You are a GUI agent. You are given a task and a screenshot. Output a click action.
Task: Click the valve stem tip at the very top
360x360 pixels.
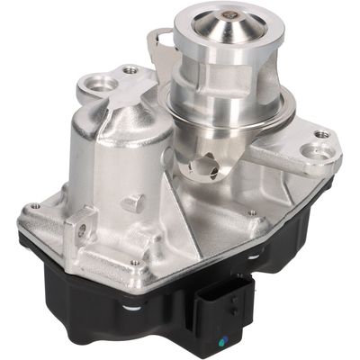pos(232,15)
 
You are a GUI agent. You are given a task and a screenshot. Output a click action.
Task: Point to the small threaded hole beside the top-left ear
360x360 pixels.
pos(130,68)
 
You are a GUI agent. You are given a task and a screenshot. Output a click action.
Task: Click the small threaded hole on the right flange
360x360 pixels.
pos(322,135)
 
